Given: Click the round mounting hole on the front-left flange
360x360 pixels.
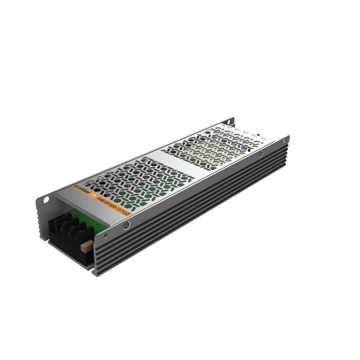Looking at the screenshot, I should (x=47, y=199).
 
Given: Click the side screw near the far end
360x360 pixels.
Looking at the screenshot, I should (x=260, y=154).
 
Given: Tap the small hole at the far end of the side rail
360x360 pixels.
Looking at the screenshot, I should (x=285, y=139).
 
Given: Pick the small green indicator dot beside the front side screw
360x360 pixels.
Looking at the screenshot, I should (x=105, y=231).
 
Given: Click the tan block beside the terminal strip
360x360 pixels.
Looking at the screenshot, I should (x=86, y=245).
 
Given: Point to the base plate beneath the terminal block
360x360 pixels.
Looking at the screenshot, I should (x=67, y=250).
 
